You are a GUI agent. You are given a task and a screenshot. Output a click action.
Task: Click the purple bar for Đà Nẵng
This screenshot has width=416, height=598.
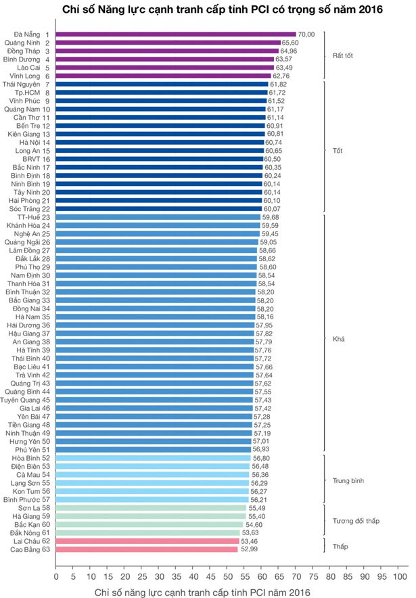[x=176, y=34]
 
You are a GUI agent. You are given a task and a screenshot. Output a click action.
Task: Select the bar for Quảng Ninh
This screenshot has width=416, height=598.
[x=168, y=43]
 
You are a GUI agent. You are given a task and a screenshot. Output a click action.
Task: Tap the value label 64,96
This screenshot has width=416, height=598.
[x=289, y=51]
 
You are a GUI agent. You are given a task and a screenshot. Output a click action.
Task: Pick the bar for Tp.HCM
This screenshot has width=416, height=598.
[x=162, y=93]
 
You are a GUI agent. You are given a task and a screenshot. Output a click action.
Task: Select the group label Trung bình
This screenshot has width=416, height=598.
[x=348, y=481]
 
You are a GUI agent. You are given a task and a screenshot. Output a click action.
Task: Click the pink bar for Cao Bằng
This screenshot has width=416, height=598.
[x=147, y=550]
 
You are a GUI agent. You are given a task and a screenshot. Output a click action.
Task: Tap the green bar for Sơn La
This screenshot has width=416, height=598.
[x=151, y=507]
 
